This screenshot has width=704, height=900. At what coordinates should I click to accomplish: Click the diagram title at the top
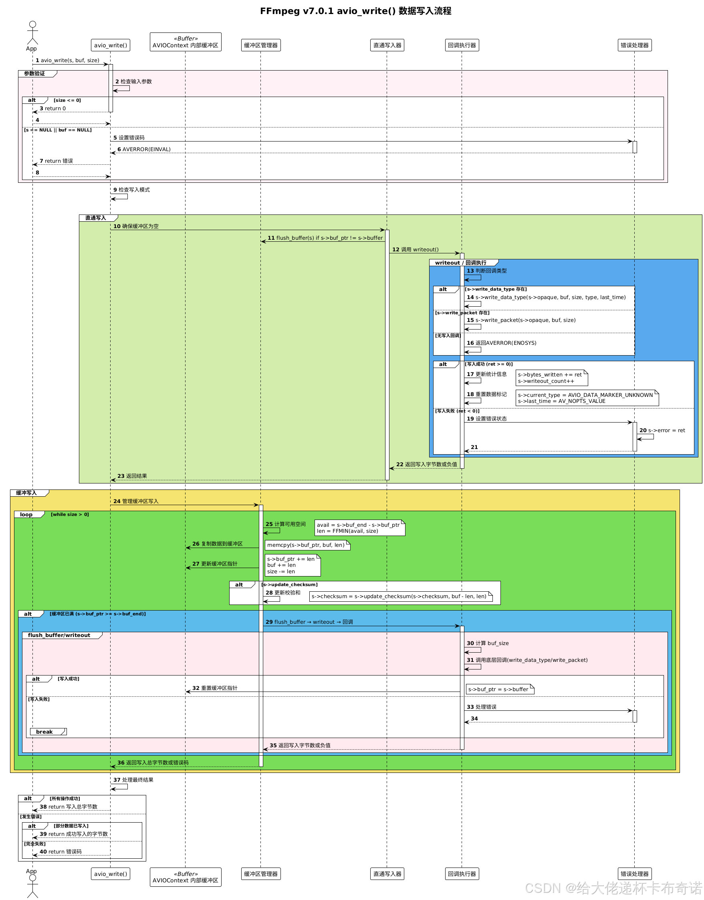coord(355,11)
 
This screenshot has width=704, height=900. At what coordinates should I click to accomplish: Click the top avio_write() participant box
coord(111,45)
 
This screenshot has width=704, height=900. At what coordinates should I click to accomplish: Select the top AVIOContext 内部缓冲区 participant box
coord(186,42)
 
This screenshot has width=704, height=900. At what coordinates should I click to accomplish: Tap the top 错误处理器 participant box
coord(634,45)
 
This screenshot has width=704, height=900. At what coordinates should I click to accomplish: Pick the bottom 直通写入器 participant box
coord(387,874)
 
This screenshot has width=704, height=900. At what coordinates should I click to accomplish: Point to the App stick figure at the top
coord(32,33)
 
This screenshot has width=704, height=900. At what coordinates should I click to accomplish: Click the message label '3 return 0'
coord(53,108)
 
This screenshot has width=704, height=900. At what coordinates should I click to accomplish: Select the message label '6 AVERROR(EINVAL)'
coord(144,149)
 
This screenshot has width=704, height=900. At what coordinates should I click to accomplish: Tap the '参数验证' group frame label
coord(34,74)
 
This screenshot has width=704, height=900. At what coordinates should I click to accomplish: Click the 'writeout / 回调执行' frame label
coord(460,263)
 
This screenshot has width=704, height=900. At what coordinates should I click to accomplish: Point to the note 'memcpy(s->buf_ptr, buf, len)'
coord(307,545)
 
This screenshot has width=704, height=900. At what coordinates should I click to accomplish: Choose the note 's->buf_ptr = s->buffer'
coord(500,689)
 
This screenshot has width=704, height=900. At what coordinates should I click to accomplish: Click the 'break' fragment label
coord(44,732)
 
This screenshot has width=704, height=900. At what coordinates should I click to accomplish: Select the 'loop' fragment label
coord(26,514)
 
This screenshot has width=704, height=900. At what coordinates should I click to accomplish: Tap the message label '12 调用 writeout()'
coord(416,249)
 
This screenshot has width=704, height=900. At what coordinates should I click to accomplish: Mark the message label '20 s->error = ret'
coord(662,431)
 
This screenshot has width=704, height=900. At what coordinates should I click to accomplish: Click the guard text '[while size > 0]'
coord(70,514)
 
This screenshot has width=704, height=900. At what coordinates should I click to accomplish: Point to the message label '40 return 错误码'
coord(61,852)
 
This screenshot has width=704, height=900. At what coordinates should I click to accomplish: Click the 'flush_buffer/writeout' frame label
coord(59,635)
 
